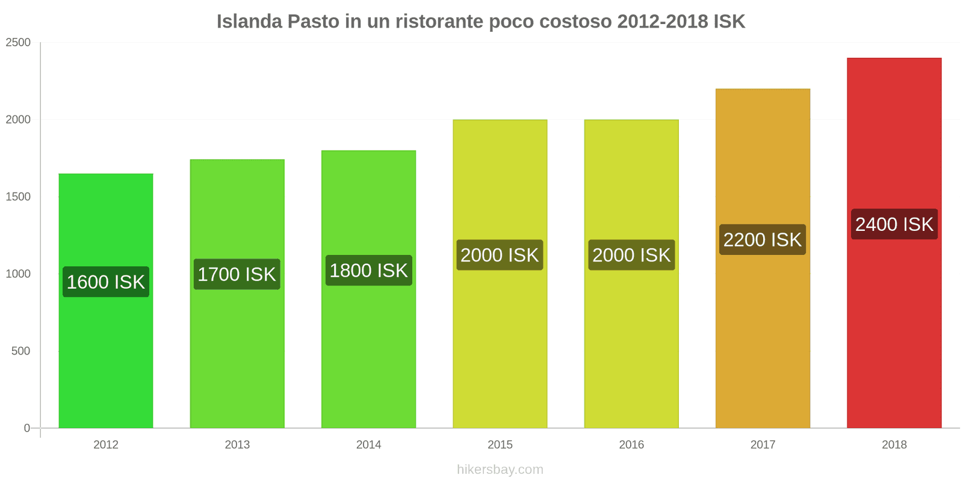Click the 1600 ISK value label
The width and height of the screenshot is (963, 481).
click(106, 282)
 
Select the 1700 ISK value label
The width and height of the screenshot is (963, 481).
click(237, 274)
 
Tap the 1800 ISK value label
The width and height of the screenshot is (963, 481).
click(368, 271)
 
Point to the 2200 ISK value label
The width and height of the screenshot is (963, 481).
click(763, 240)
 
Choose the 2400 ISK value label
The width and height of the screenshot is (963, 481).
click(894, 224)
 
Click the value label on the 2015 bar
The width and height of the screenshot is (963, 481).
click(500, 255)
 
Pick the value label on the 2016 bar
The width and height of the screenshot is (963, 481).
click(631, 255)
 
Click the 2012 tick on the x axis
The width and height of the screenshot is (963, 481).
click(106, 445)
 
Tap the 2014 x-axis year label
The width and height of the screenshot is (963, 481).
click(368, 445)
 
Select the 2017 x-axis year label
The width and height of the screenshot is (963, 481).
click(763, 445)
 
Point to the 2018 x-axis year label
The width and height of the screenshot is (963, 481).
click(894, 445)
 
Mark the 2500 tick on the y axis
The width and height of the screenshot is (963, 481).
click(18, 43)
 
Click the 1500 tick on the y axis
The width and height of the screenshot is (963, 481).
click(18, 197)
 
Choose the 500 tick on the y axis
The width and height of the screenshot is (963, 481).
click(20, 351)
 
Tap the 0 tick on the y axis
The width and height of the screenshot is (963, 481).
click(26, 428)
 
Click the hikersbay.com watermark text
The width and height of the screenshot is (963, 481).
click(500, 470)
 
